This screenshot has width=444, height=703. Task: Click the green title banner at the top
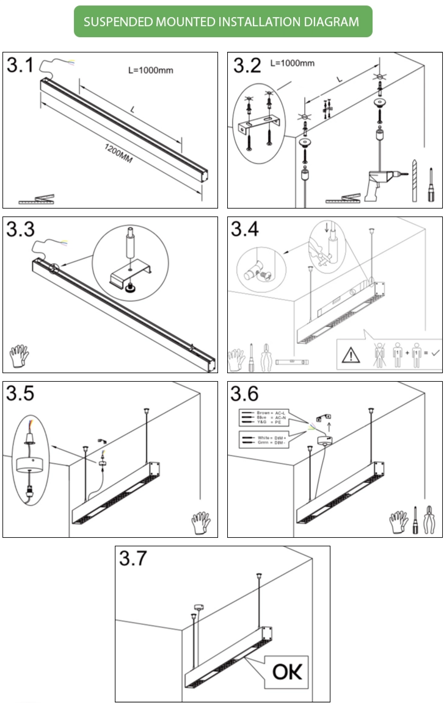coord(222,22)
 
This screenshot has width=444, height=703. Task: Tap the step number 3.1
coord(20,66)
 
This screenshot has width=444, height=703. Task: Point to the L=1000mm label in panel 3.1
coord(150,70)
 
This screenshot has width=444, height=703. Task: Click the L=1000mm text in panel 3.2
coord(292,63)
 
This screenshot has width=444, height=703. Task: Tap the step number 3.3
coord(20,230)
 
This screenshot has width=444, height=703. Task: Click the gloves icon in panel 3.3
coord(20,356)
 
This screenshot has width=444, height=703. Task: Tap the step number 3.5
coord(20,394)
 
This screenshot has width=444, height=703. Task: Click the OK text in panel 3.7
coord(287,671)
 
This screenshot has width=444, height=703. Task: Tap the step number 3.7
coord(133,558)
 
